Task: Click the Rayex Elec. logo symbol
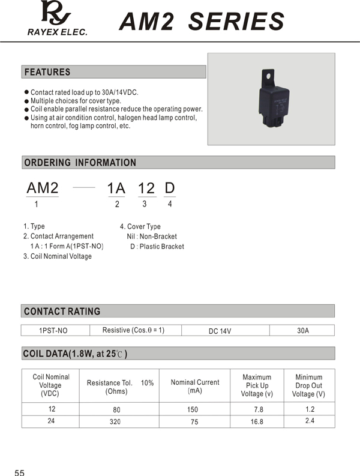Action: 56,13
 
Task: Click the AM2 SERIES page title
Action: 202,22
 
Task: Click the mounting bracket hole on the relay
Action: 266,76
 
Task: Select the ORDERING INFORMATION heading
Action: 80,163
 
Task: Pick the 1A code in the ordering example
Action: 116,188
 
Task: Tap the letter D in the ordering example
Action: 170,188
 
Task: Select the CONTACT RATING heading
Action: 62,312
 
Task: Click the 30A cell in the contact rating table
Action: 303,331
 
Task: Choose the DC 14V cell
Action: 220,331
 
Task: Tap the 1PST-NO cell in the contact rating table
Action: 53,331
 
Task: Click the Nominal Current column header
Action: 195,386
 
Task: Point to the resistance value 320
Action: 115,422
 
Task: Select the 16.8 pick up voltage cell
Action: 256,422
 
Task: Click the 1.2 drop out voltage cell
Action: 309,409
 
